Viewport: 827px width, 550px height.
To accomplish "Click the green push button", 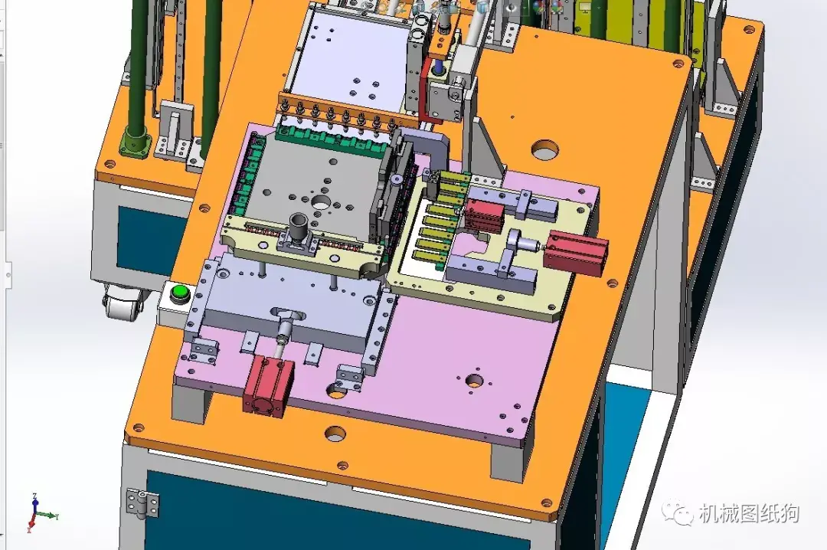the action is point(181,293).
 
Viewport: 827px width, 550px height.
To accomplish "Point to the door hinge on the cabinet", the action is point(142,503).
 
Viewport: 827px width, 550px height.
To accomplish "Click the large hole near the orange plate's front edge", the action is point(335,434).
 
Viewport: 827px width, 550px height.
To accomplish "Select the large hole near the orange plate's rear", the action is point(546,150).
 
